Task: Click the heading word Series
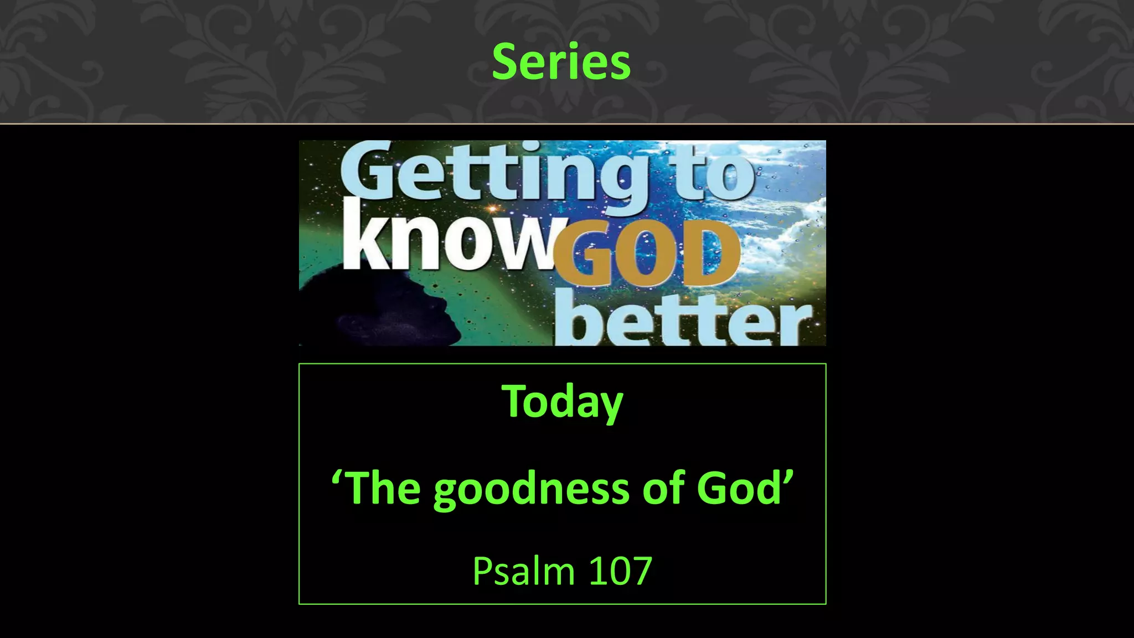click(x=561, y=61)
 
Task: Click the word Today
click(x=562, y=401)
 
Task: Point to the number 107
click(x=620, y=571)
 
